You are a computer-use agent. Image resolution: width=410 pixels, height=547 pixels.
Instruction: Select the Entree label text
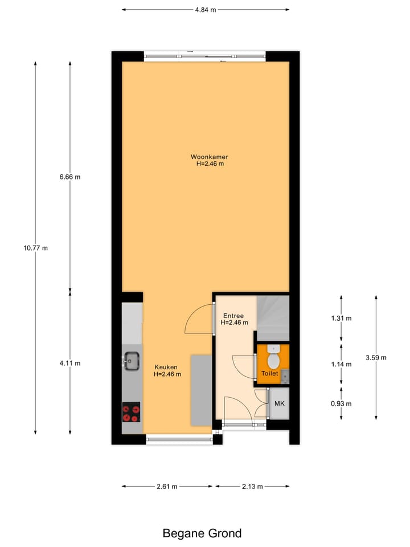[233, 315]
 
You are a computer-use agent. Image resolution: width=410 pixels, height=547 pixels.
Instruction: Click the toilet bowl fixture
[273, 358]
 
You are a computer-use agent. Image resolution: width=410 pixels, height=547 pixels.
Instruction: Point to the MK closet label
[279, 403]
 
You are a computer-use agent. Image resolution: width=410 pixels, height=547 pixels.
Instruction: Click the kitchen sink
[132, 361]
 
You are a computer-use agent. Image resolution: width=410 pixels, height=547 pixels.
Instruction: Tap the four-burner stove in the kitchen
[132, 411]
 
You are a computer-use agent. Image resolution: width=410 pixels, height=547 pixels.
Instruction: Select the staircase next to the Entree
[273, 319]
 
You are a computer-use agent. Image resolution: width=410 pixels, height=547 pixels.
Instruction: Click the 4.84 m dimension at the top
[205, 10]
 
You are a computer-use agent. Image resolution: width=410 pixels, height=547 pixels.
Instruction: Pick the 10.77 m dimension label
[35, 248]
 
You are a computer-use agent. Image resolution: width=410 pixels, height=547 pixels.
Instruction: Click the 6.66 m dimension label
[70, 177]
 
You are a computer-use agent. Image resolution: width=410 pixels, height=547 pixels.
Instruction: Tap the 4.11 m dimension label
[70, 363]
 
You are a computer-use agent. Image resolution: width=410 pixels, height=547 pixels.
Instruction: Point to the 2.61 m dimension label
[167, 487]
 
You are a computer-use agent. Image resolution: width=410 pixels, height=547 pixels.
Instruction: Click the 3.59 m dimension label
[376, 358]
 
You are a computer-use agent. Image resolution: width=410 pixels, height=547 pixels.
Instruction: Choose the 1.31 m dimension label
[341, 318]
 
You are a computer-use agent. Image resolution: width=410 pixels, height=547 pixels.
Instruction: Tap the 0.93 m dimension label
[341, 403]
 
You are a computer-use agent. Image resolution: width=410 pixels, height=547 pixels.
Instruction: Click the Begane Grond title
[202, 533]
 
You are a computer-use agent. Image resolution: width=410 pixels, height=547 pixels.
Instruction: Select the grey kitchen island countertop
[200, 390]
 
